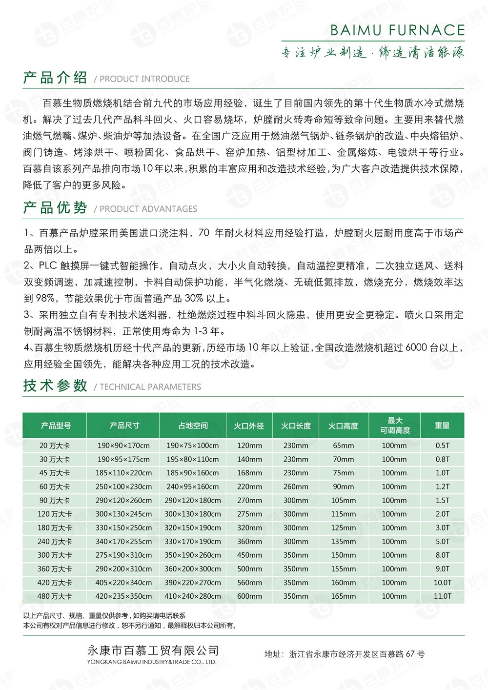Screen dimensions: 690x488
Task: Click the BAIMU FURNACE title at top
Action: click(397, 30)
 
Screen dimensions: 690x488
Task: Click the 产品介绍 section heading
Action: click(55, 78)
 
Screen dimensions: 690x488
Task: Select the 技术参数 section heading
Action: click(55, 386)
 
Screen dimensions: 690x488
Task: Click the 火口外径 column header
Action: click(249, 426)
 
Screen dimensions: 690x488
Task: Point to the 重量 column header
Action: click(442, 426)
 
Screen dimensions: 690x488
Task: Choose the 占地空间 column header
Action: click(193, 426)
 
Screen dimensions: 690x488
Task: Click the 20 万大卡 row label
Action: click(55, 446)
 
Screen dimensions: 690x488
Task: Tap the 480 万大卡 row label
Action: click(55, 596)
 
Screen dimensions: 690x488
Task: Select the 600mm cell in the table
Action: click(249, 596)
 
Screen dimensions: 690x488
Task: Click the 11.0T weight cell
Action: click(442, 596)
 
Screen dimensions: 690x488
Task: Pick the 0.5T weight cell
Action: click(442, 446)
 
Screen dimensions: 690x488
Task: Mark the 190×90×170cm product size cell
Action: click(124, 446)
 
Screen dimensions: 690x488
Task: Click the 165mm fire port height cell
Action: click(344, 596)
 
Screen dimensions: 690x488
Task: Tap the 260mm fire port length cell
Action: click(296, 487)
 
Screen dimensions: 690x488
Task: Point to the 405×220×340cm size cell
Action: click(124, 582)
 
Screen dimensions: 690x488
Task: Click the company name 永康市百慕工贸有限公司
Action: click(152, 650)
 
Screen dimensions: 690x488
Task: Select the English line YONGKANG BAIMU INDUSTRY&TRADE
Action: click(151, 662)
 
